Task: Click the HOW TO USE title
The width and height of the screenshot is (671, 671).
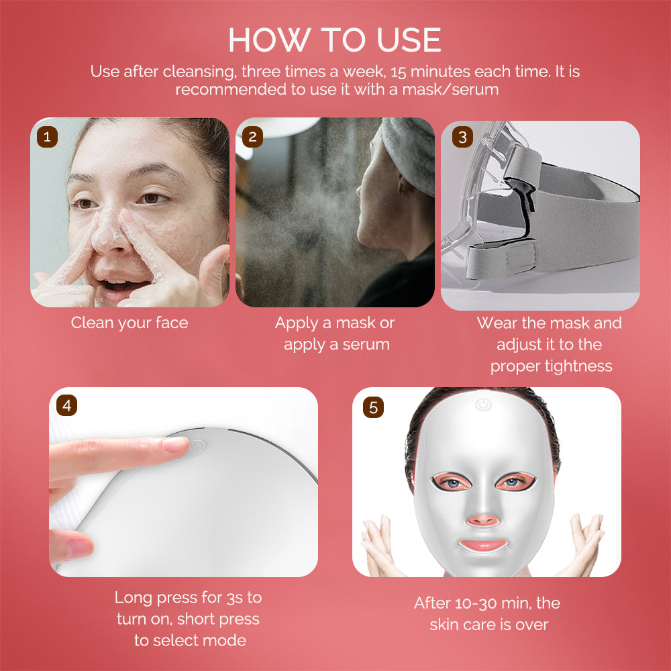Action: click(335, 40)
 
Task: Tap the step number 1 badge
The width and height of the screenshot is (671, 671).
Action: click(46, 137)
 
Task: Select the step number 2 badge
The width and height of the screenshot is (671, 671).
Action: click(252, 137)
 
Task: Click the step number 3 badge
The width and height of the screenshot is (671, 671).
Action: click(462, 138)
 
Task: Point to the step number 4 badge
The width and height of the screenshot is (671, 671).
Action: click(66, 405)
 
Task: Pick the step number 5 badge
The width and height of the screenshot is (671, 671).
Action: click(373, 407)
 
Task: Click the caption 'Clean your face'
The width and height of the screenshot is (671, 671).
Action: click(130, 323)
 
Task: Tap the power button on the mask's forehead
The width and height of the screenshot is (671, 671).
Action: click(482, 405)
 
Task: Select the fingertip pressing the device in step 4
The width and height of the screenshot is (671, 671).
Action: click(176, 444)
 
